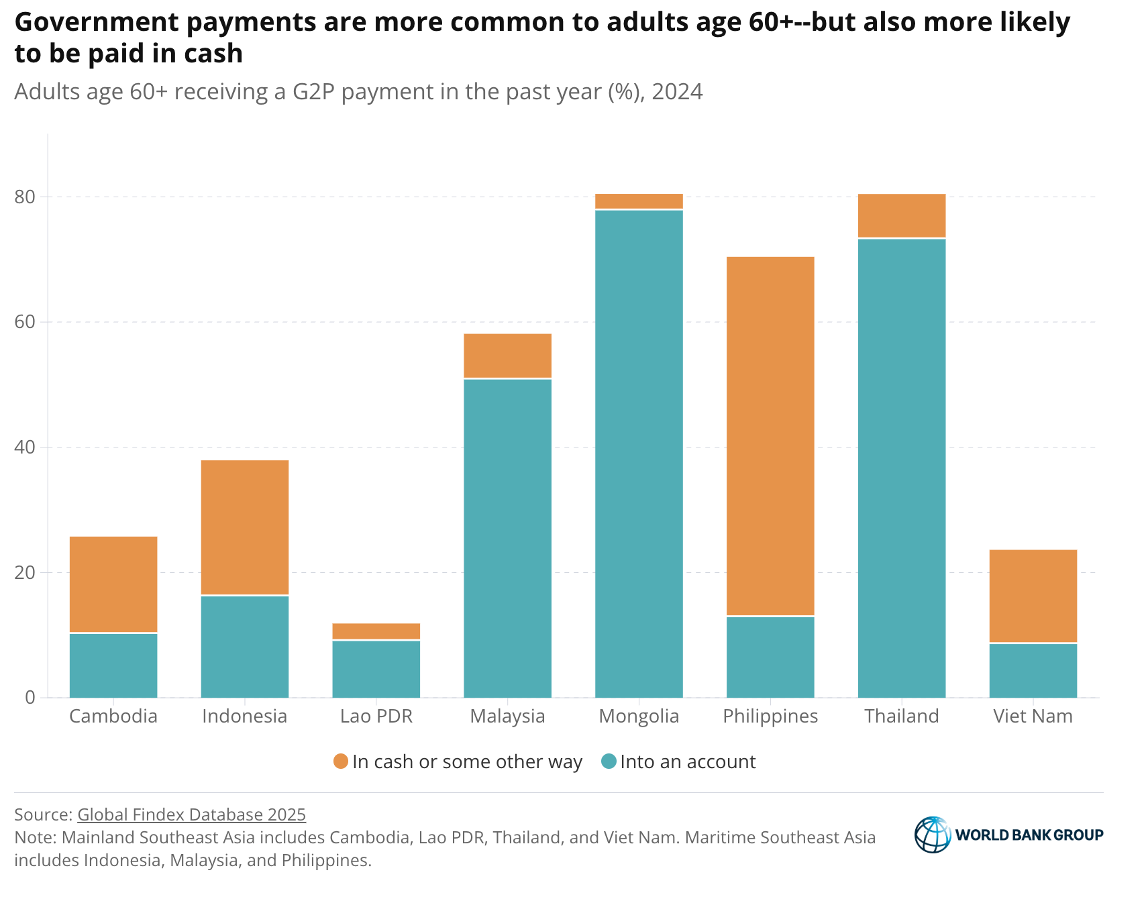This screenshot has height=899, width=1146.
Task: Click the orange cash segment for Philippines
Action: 770,436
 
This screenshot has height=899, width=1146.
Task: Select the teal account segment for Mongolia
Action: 639,454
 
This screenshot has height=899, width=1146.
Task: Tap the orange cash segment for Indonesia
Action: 245,527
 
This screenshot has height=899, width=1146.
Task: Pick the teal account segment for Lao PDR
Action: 376,670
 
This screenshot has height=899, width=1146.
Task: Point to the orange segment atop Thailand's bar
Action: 902,215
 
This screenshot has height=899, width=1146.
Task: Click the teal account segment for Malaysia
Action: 508,539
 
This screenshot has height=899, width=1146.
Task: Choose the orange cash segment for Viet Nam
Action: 1033,596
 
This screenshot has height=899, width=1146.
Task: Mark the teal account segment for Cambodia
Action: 113,666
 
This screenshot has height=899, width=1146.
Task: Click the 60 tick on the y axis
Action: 25,322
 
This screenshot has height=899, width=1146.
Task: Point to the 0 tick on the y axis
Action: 30,698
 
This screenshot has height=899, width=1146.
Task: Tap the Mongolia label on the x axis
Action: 639,717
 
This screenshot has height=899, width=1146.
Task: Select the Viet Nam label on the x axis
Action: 1033,717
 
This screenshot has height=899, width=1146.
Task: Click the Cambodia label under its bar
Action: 113,717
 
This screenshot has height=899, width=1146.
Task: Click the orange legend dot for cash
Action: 341,761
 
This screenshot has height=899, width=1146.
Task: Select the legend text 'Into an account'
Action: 688,762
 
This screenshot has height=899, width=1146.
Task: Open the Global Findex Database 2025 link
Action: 192,814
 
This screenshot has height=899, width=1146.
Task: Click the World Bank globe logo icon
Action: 933,835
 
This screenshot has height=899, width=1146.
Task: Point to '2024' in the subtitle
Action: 677,92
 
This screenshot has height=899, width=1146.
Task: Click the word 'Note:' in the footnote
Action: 36,838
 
